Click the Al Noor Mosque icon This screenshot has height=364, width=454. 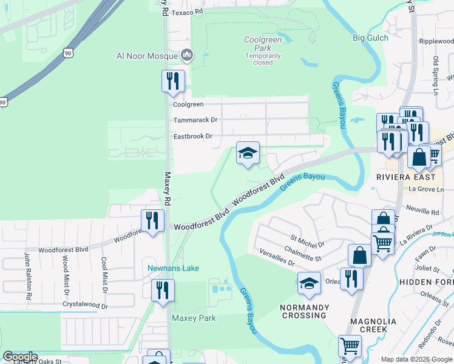[x=187, y=56]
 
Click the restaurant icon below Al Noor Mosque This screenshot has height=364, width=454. [x=172, y=81]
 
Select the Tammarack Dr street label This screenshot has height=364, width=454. [x=195, y=120]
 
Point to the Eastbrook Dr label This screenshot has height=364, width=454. [x=192, y=136]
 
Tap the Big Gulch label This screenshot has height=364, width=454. [x=370, y=38]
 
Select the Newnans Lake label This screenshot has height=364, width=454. [x=173, y=268]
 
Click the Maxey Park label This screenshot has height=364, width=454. [x=194, y=318]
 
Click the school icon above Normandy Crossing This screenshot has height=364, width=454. [x=309, y=283]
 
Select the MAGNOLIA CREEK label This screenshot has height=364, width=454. [x=373, y=325]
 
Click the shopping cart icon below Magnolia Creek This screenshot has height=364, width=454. [x=350, y=346]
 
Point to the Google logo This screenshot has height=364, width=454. [x=21, y=357]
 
